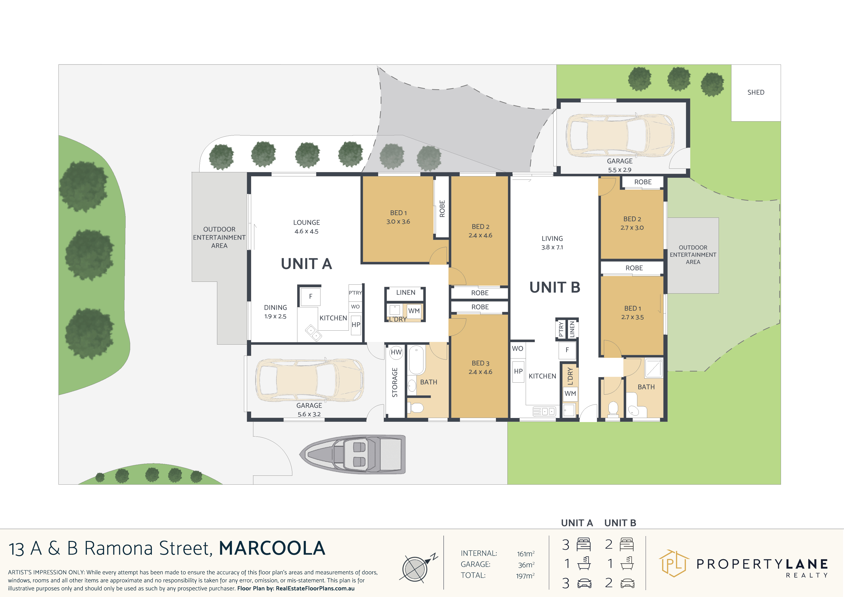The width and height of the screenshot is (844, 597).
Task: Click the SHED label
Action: pos(756,92)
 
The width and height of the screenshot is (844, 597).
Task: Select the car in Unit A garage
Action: pos(309,380)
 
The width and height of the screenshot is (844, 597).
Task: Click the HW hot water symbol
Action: pos(396,352)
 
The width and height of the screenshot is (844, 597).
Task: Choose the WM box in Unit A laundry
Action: pos(414,311)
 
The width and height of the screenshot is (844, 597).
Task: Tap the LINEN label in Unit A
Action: pos(406,293)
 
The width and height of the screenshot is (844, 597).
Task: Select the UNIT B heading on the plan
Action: pos(555,288)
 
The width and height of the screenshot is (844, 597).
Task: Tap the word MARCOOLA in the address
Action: pos(272,548)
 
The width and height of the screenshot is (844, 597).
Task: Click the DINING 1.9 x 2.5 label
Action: pos(275,312)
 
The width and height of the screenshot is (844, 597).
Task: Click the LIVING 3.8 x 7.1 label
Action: pos(552,243)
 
